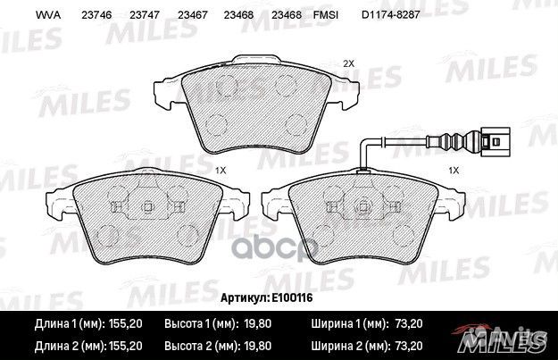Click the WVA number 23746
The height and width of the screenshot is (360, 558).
click(96, 15)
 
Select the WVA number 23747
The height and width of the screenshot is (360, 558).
click(145, 15)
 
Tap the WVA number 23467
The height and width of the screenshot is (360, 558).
click(193, 15)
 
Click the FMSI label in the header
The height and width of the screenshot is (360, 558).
click(326, 15)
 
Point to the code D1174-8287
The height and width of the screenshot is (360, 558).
click(391, 15)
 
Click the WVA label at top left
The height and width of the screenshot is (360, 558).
click(48, 15)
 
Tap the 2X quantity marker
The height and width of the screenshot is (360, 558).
click(348, 63)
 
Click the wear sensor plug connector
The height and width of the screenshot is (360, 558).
click(495, 142)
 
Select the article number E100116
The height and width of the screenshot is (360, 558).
click(292, 297)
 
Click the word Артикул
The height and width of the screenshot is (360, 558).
click(245, 297)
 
